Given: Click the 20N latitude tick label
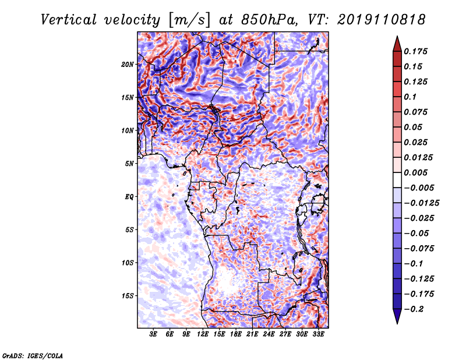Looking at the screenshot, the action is coord(127,65).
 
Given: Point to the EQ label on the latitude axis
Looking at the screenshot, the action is coord(129,197).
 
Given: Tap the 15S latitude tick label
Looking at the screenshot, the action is coord(128,296).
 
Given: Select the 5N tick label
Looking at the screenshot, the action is coord(129,164).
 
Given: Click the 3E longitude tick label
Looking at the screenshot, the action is coord(153,334).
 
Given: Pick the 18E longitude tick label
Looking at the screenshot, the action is coord(236,334).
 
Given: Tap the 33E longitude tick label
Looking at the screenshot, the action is coord(318,334).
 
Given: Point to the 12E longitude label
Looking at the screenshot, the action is coord(203,334).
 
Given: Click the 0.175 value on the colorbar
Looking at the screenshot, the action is coord(415,51).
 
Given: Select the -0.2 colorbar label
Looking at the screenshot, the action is coord(414,309).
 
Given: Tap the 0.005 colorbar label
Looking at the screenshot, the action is coord(415,172).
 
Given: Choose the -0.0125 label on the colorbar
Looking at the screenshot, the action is coord(421,203).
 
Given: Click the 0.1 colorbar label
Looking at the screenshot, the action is coord(410,97).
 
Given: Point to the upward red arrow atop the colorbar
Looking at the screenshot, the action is coord(397,44).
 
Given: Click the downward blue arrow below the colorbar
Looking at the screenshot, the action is coord(397,316).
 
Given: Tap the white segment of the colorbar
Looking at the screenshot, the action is coord(397,180).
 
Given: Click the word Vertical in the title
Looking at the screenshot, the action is coord(69,20).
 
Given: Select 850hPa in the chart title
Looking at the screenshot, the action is coord(269,20).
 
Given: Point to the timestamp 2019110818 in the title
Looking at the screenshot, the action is coord(382,20).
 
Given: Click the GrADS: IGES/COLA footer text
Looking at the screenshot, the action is coord(33,355).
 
